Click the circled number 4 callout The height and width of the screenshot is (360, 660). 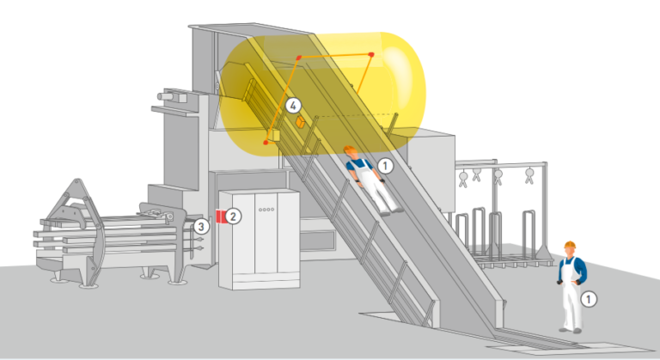pyautogui.click(x=293, y=106)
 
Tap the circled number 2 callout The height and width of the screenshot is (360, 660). pyautogui.click(x=235, y=216)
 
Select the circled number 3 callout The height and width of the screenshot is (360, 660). pyautogui.click(x=200, y=227)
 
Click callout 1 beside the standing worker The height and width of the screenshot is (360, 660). pyautogui.click(x=588, y=298)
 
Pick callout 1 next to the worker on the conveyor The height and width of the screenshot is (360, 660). pyautogui.click(x=385, y=164)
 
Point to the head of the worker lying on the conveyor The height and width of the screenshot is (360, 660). pyautogui.click(x=352, y=155)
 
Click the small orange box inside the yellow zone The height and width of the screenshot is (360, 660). pyautogui.click(x=300, y=123)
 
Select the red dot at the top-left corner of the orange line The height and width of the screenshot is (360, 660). pyautogui.click(x=299, y=57)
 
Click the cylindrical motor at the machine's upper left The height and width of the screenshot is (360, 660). pyautogui.click(x=171, y=97)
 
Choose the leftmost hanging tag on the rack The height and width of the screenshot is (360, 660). pyautogui.click(x=464, y=178)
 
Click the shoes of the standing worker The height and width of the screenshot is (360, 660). pyautogui.click(x=570, y=328)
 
